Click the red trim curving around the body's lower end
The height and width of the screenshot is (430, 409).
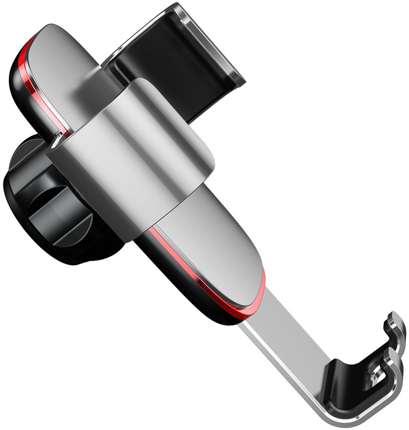tap(258, 295)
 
